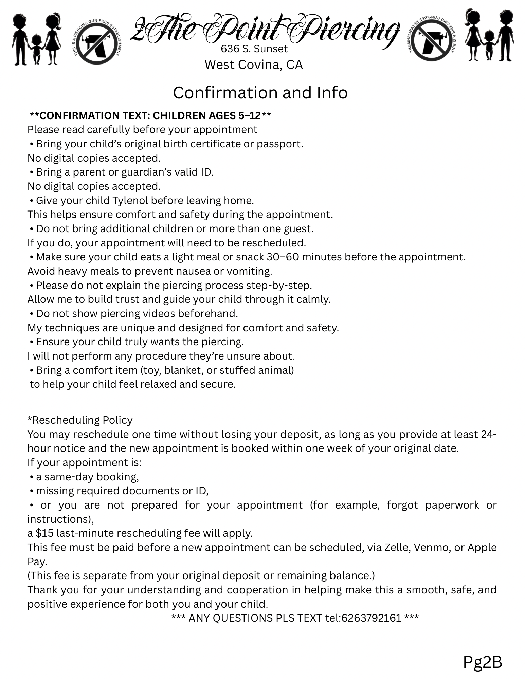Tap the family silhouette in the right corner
[489, 37]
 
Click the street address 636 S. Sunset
[254, 49]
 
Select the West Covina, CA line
[253, 65]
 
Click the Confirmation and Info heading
[260, 93]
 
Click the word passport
[279, 144]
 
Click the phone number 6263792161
[371, 618]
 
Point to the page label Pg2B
[482, 662]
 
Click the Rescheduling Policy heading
[80, 420]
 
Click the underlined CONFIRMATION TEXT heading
[148, 116]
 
